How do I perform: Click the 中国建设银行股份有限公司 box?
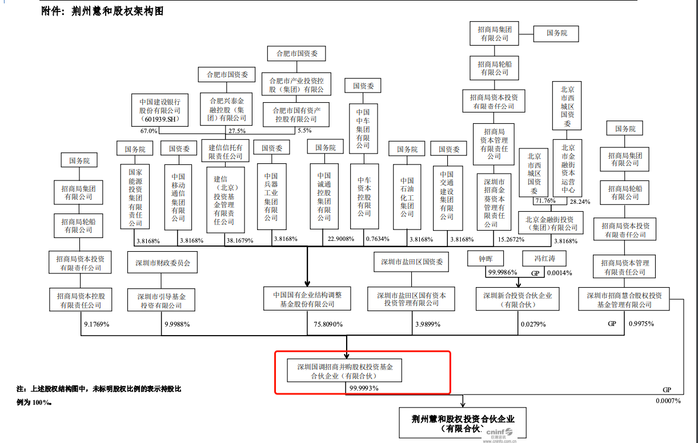[159, 110]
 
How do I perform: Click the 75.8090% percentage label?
[328, 324]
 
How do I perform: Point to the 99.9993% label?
[364, 388]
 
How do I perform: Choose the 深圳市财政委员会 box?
[163, 263]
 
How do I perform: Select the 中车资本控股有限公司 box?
[364, 196]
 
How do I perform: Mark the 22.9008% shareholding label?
[338, 239]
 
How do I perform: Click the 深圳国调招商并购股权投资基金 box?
[344, 370]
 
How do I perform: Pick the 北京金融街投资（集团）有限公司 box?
[550, 223]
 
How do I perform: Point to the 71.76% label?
[544, 201]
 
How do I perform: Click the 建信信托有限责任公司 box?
[226, 152]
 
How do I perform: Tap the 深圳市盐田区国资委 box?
[411, 262]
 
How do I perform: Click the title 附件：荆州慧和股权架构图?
[102, 11]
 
